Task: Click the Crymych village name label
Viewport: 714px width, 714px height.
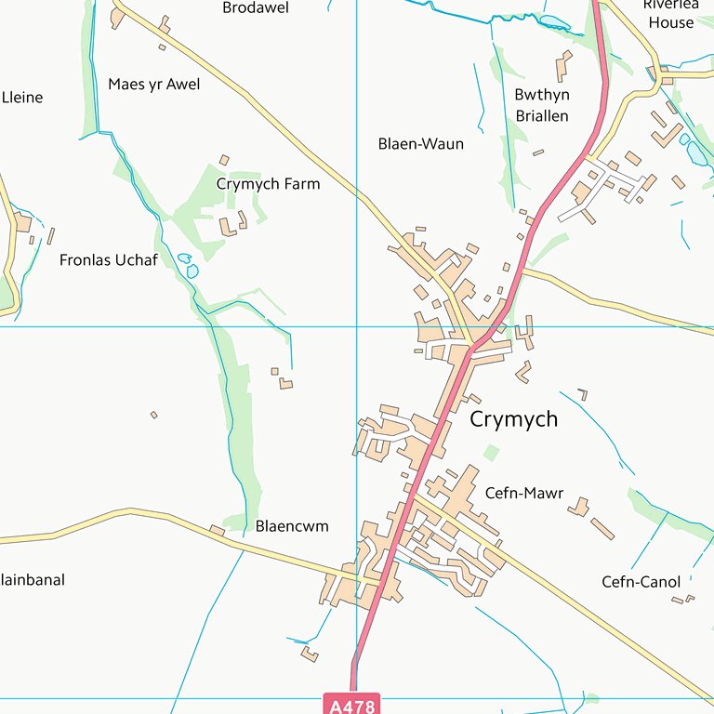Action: (x=513, y=419)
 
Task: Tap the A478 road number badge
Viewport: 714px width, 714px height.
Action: (x=353, y=706)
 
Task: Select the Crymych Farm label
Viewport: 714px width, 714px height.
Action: (x=268, y=184)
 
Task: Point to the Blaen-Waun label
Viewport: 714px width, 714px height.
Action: (x=420, y=144)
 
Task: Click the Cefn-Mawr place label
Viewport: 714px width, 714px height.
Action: (x=523, y=494)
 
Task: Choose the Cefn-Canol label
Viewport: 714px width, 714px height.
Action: (x=641, y=583)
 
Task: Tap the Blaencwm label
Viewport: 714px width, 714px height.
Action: (x=292, y=526)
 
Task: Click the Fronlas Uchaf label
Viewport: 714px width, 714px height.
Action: (x=108, y=260)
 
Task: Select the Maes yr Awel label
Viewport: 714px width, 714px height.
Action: (x=153, y=85)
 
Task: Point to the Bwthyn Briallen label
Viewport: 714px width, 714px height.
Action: (x=541, y=105)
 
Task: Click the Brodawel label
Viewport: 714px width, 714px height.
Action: (x=256, y=8)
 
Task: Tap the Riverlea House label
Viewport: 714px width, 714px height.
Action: (x=669, y=13)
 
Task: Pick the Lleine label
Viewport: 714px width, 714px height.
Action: (x=22, y=98)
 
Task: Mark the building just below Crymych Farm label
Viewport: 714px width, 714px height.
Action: (x=228, y=226)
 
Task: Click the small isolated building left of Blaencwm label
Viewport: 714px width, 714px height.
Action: (x=217, y=531)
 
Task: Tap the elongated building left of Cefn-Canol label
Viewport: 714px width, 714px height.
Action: (x=602, y=529)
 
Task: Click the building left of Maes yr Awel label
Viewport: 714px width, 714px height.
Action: (x=117, y=18)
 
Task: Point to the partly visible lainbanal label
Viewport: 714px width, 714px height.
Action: (x=33, y=580)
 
